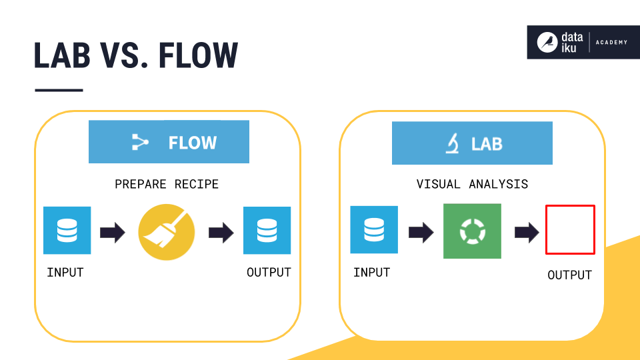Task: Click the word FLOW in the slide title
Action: (198, 55)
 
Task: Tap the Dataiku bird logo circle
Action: (547, 43)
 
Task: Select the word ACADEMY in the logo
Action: (611, 43)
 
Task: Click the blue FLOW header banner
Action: (169, 142)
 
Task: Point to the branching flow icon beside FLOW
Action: (140, 143)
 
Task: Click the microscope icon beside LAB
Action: (453, 143)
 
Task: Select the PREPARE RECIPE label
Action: (167, 184)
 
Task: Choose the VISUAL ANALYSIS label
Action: (472, 184)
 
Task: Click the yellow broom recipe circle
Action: (167, 232)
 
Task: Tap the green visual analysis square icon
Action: (472, 231)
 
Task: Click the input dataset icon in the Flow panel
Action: (67, 231)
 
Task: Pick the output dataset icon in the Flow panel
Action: (267, 231)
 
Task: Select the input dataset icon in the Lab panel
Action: (374, 230)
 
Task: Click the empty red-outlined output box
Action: (570, 230)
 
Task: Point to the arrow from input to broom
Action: (112, 232)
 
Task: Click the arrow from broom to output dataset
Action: (221, 232)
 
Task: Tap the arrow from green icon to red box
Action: (527, 232)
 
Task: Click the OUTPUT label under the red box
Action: (569, 275)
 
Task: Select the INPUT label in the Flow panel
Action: (65, 272)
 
